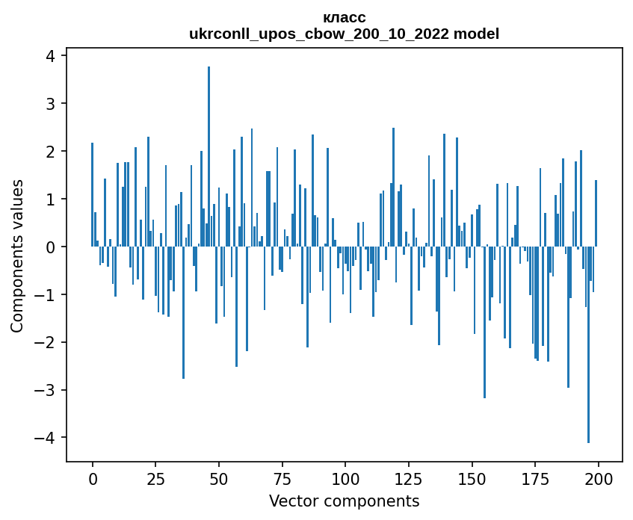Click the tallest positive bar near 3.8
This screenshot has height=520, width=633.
pyautogui.click(x=209, y=156)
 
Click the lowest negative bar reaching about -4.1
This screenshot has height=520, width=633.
pyautogui.click(x=588, y=344)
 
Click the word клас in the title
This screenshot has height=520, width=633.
pyautogui.click(x=344, y=17)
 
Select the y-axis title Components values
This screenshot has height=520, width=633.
pyautogui.click(x=17, y=256)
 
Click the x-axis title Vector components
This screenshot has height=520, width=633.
pyautogui.click(x=344, y=501)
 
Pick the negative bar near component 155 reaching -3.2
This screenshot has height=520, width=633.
pyautogui.click(x=484, y=322)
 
